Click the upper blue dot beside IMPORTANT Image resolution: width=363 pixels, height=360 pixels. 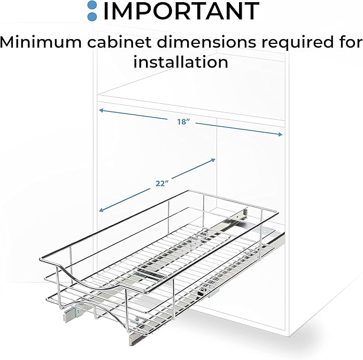92,5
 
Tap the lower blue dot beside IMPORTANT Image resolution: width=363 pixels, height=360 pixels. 92,16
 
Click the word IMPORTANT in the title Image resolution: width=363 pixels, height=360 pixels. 182,11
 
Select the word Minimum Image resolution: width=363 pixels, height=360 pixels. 41,42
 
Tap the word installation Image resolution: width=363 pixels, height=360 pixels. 181,62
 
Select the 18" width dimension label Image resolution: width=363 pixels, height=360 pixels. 183,121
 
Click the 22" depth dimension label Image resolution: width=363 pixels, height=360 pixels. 162,183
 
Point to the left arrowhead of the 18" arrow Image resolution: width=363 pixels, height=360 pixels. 101,110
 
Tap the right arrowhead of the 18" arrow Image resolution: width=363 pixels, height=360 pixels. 280,134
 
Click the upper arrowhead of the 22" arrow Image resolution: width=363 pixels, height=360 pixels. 213,160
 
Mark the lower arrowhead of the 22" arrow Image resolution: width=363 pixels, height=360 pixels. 101,210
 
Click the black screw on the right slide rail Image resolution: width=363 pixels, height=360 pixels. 203,289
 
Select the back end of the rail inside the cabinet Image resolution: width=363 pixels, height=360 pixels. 245,211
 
